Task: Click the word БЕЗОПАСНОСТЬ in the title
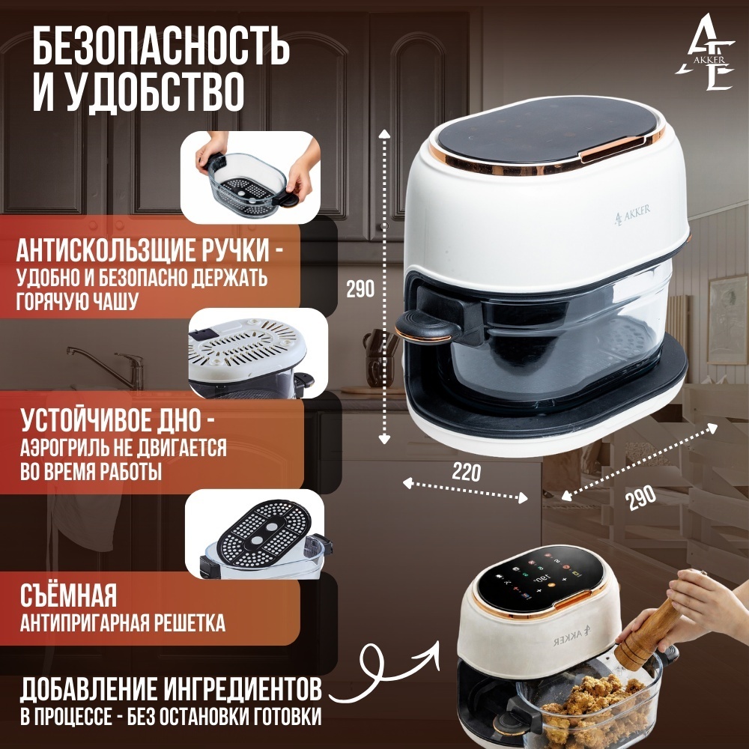(161, 47)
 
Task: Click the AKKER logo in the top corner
(705, 52)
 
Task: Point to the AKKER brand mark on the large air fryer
(631, 214)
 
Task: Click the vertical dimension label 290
(360, 288)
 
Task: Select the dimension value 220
(466, 473)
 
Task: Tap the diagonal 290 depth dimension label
(640, 497)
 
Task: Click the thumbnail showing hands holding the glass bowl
(251, 178)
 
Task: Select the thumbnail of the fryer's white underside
(258, 353)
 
